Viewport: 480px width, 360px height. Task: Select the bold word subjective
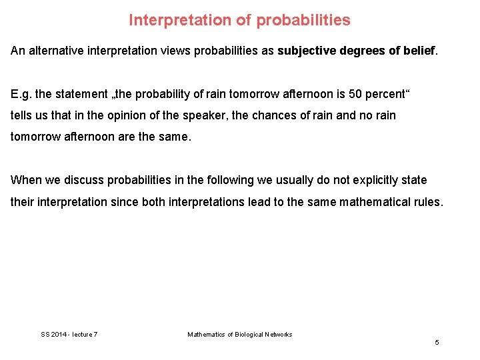tap(309, 51)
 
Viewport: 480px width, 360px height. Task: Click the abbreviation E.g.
tap(21, 94)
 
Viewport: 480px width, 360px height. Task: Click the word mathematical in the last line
tap(371, 201)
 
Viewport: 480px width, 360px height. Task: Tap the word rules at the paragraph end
tap(427, 201)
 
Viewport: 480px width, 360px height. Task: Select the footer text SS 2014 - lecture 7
tap(69, 334)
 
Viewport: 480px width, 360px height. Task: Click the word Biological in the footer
tap(247, 334)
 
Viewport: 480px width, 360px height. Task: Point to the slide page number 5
tap(437, 342)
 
